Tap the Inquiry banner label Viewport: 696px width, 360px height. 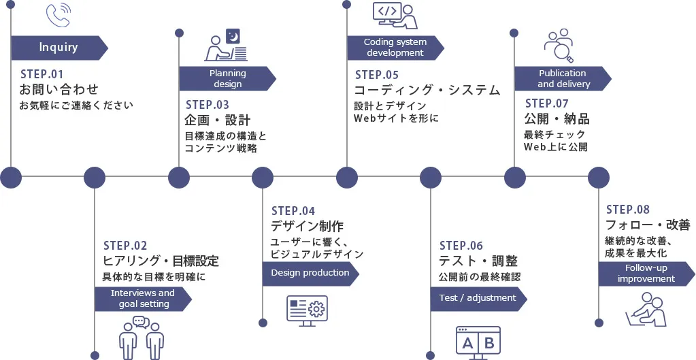pos(59,48)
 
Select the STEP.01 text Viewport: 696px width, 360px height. pos(42,73)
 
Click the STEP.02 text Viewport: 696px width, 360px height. pos(125,245)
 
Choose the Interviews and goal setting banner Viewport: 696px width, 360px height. pos(142,299)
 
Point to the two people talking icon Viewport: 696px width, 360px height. pos(141,337)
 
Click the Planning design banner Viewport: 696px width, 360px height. pos(227,79)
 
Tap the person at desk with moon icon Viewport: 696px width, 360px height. pos(226,45)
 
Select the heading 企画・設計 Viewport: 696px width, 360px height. pos(218,120)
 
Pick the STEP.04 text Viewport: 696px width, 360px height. pos(293,211)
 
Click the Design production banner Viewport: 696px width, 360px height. pos(310,273)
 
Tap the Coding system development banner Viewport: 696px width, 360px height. pos(395,48)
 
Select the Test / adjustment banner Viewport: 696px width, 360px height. pos(478,298)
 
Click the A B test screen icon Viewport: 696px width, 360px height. pos(478,342)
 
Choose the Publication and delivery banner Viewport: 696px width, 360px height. pos(563,79)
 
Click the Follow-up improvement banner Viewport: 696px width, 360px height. pos(646,274)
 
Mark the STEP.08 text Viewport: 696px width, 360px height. pos(628,210)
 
